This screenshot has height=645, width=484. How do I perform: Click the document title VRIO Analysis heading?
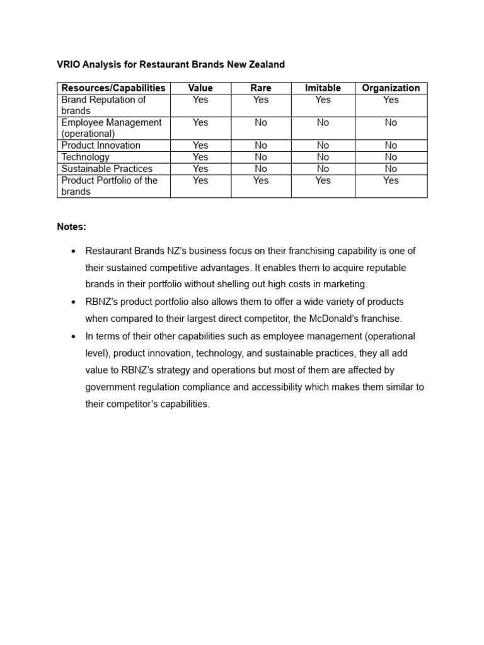[x=171, y=64]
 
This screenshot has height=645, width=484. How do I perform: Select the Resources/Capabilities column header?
[x=113, y=88]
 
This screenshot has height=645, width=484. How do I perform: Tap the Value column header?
[x=200, y=88]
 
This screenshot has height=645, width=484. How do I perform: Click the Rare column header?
[x=261, y=88]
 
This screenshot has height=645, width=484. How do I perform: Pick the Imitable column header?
[x=323, y=88]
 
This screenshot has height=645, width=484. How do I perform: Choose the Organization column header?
[x=391, y=88]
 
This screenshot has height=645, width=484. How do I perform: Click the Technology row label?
[x=85, y=157]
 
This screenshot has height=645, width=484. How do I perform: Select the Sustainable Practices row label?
[x=107, y=169]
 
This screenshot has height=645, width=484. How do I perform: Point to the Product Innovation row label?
[x=101, y=146]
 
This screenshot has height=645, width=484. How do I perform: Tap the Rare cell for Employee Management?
[x=261, y=123]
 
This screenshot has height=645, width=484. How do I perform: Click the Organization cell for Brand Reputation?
[x=391, y=100]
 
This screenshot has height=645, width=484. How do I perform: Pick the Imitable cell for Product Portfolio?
[x=323, y=181]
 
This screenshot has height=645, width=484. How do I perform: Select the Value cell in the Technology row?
[x=200, y=157]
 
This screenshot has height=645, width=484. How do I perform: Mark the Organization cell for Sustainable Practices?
[x=391, y=169]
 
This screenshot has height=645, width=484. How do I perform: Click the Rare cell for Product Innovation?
[x=261, y=146]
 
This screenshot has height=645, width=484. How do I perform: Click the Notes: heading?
[x=71, y=226]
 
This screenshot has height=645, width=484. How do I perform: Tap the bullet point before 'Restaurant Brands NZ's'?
[x=74, y=251]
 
